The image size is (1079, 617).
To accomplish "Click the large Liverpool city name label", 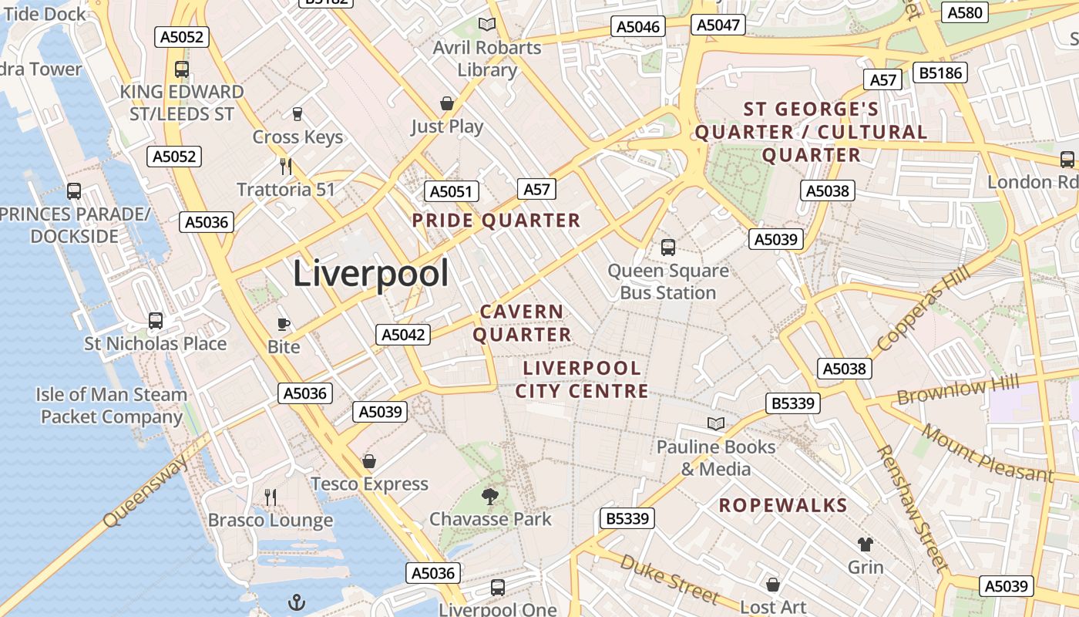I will (371, 274).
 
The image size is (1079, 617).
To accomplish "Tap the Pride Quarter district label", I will (496, 221).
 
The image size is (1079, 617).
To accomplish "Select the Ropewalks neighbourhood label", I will (783, 506).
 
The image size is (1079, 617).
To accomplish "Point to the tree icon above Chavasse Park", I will (489, 496).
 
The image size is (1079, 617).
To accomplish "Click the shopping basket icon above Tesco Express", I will (369, 461).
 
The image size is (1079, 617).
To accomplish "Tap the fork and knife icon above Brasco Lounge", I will (271, 497).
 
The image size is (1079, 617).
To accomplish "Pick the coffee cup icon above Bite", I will (284, 324).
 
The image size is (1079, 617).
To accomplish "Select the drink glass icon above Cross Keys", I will (297, 114).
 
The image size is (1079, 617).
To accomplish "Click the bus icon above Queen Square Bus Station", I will (668, 248).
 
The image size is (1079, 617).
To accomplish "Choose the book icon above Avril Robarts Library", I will (486, 25).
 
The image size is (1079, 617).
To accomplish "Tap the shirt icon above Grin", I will (866, 545).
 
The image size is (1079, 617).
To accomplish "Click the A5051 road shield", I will (452, 191).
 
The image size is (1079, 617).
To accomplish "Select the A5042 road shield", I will (403, 335).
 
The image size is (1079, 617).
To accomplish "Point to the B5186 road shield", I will (940, 73).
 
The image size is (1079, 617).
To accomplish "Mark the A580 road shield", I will (965, 12).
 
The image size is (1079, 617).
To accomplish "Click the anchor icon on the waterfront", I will (297, 602).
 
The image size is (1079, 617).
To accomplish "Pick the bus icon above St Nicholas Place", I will (156, 320).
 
